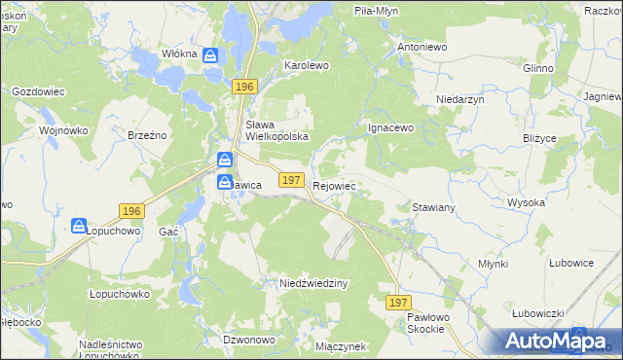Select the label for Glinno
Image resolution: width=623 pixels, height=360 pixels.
[x=537, y=68]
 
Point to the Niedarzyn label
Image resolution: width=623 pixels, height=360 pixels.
[x=460, y=99]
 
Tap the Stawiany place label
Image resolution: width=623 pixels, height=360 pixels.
[x=434, y=208]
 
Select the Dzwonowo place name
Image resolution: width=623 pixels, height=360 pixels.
[x=247, y=340]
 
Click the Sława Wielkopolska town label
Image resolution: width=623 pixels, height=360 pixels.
[x=276, y=130]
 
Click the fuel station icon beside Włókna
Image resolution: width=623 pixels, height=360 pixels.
[x=210, y=55]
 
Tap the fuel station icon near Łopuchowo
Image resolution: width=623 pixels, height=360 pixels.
[x=79, y=226]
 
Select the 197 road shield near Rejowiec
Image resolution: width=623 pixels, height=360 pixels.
[x=290, y=180]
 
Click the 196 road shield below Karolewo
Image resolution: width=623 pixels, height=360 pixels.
[x=244, y=88]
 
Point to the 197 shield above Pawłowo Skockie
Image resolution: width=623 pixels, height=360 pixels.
[x=397, y=304]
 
